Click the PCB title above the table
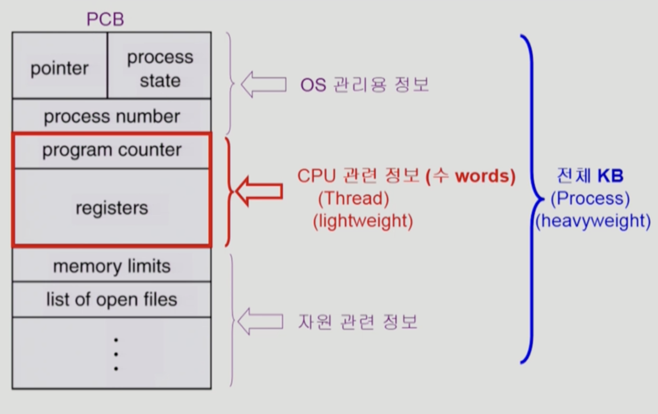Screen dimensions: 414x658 pos(105,19)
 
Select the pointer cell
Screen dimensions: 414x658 pos(59,68)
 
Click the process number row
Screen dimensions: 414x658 pos(112,117)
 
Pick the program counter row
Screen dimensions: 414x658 pos(112,150)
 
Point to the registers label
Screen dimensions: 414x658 pos(112,208)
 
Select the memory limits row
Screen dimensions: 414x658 pos(112,266)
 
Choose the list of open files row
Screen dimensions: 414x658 pos(112,299)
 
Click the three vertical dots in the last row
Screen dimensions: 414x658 pos(116,354)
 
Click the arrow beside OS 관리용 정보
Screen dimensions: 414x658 pos(263,85)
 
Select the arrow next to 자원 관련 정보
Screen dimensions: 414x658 pos(260,322)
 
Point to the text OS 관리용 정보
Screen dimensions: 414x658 pos(364,85)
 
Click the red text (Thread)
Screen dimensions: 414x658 pos(353,199)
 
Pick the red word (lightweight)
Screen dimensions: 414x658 pos(363,221)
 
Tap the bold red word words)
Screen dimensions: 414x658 pos(485,176)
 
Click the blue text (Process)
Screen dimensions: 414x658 pos(590,199)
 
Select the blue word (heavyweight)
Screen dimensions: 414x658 pos(593,221)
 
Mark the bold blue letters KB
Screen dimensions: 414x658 pos(610,176)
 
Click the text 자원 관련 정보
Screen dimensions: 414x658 pos(357,322)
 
